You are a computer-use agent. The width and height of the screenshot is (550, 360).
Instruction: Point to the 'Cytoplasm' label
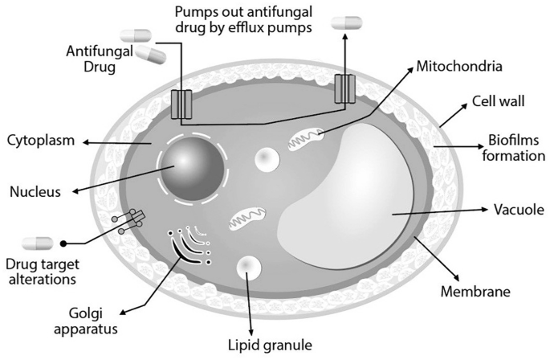click(x=40, y=140)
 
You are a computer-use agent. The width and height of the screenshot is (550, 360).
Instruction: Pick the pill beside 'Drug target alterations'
click(x=38, y=243)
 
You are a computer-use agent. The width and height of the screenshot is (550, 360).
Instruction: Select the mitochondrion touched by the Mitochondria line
click(x=308, y=138)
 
